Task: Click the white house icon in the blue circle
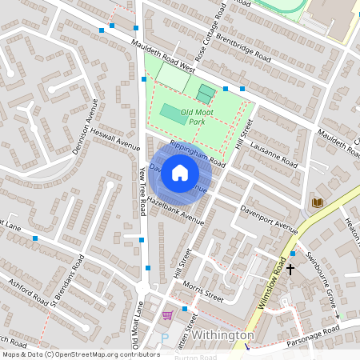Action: pos(180,172)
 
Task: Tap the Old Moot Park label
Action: pos(198,116)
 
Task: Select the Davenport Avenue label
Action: pos(269,217)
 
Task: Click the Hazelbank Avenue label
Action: pos(170,206)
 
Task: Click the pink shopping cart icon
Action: pos(167,316)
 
